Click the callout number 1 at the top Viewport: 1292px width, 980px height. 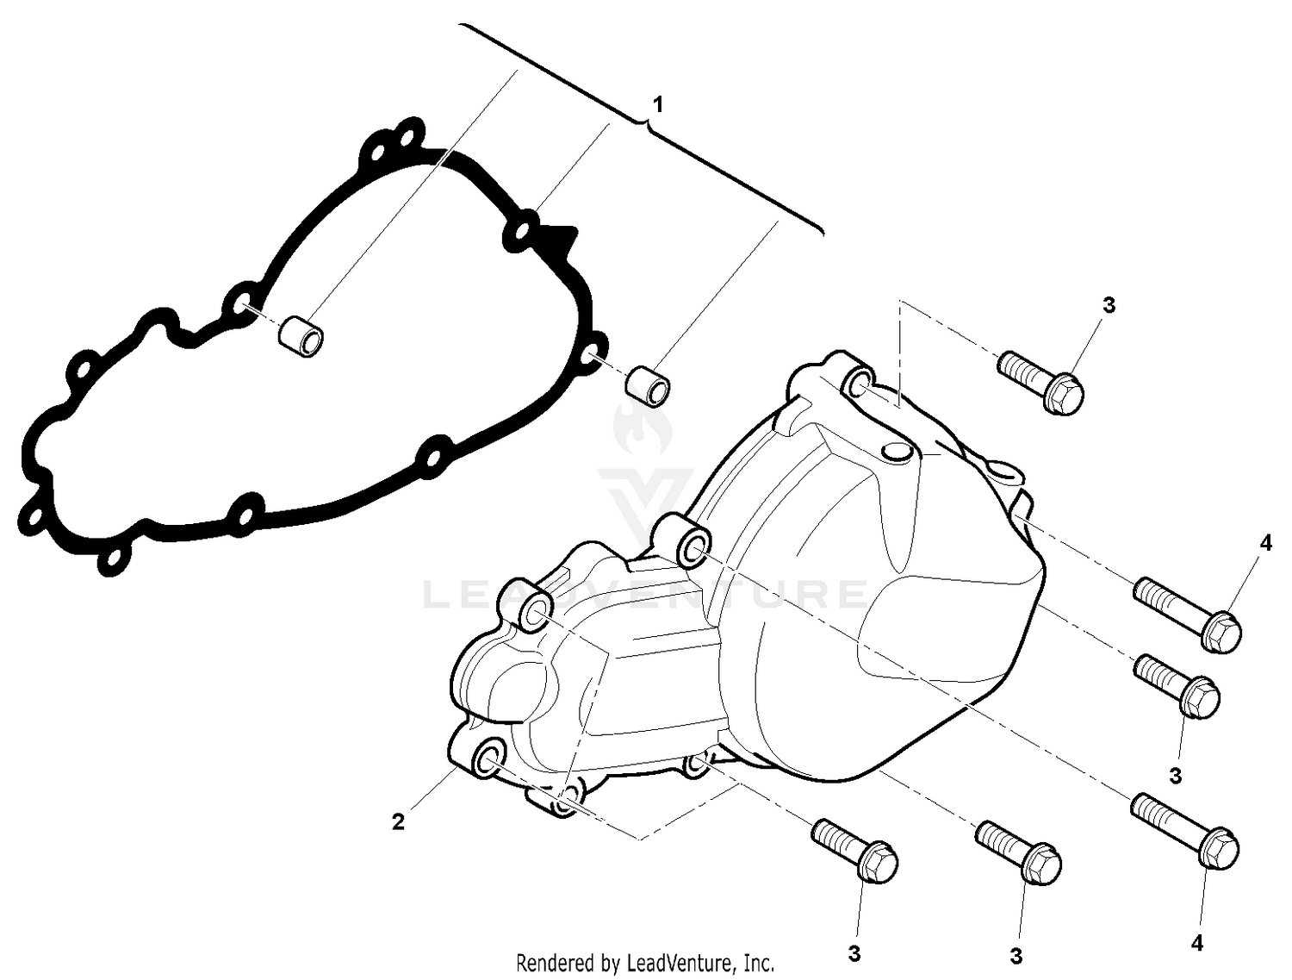point(658,105)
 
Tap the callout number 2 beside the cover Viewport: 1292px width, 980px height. point(398,822)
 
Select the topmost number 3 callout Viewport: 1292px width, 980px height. point(1109,305)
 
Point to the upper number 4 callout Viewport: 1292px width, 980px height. point(1264,543)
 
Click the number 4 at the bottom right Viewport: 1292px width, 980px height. point(1196,944)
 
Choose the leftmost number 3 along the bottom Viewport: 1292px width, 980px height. point(854,954)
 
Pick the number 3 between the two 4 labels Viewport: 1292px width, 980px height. point(1176,776)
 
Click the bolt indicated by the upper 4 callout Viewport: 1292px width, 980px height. point(1188,614)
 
